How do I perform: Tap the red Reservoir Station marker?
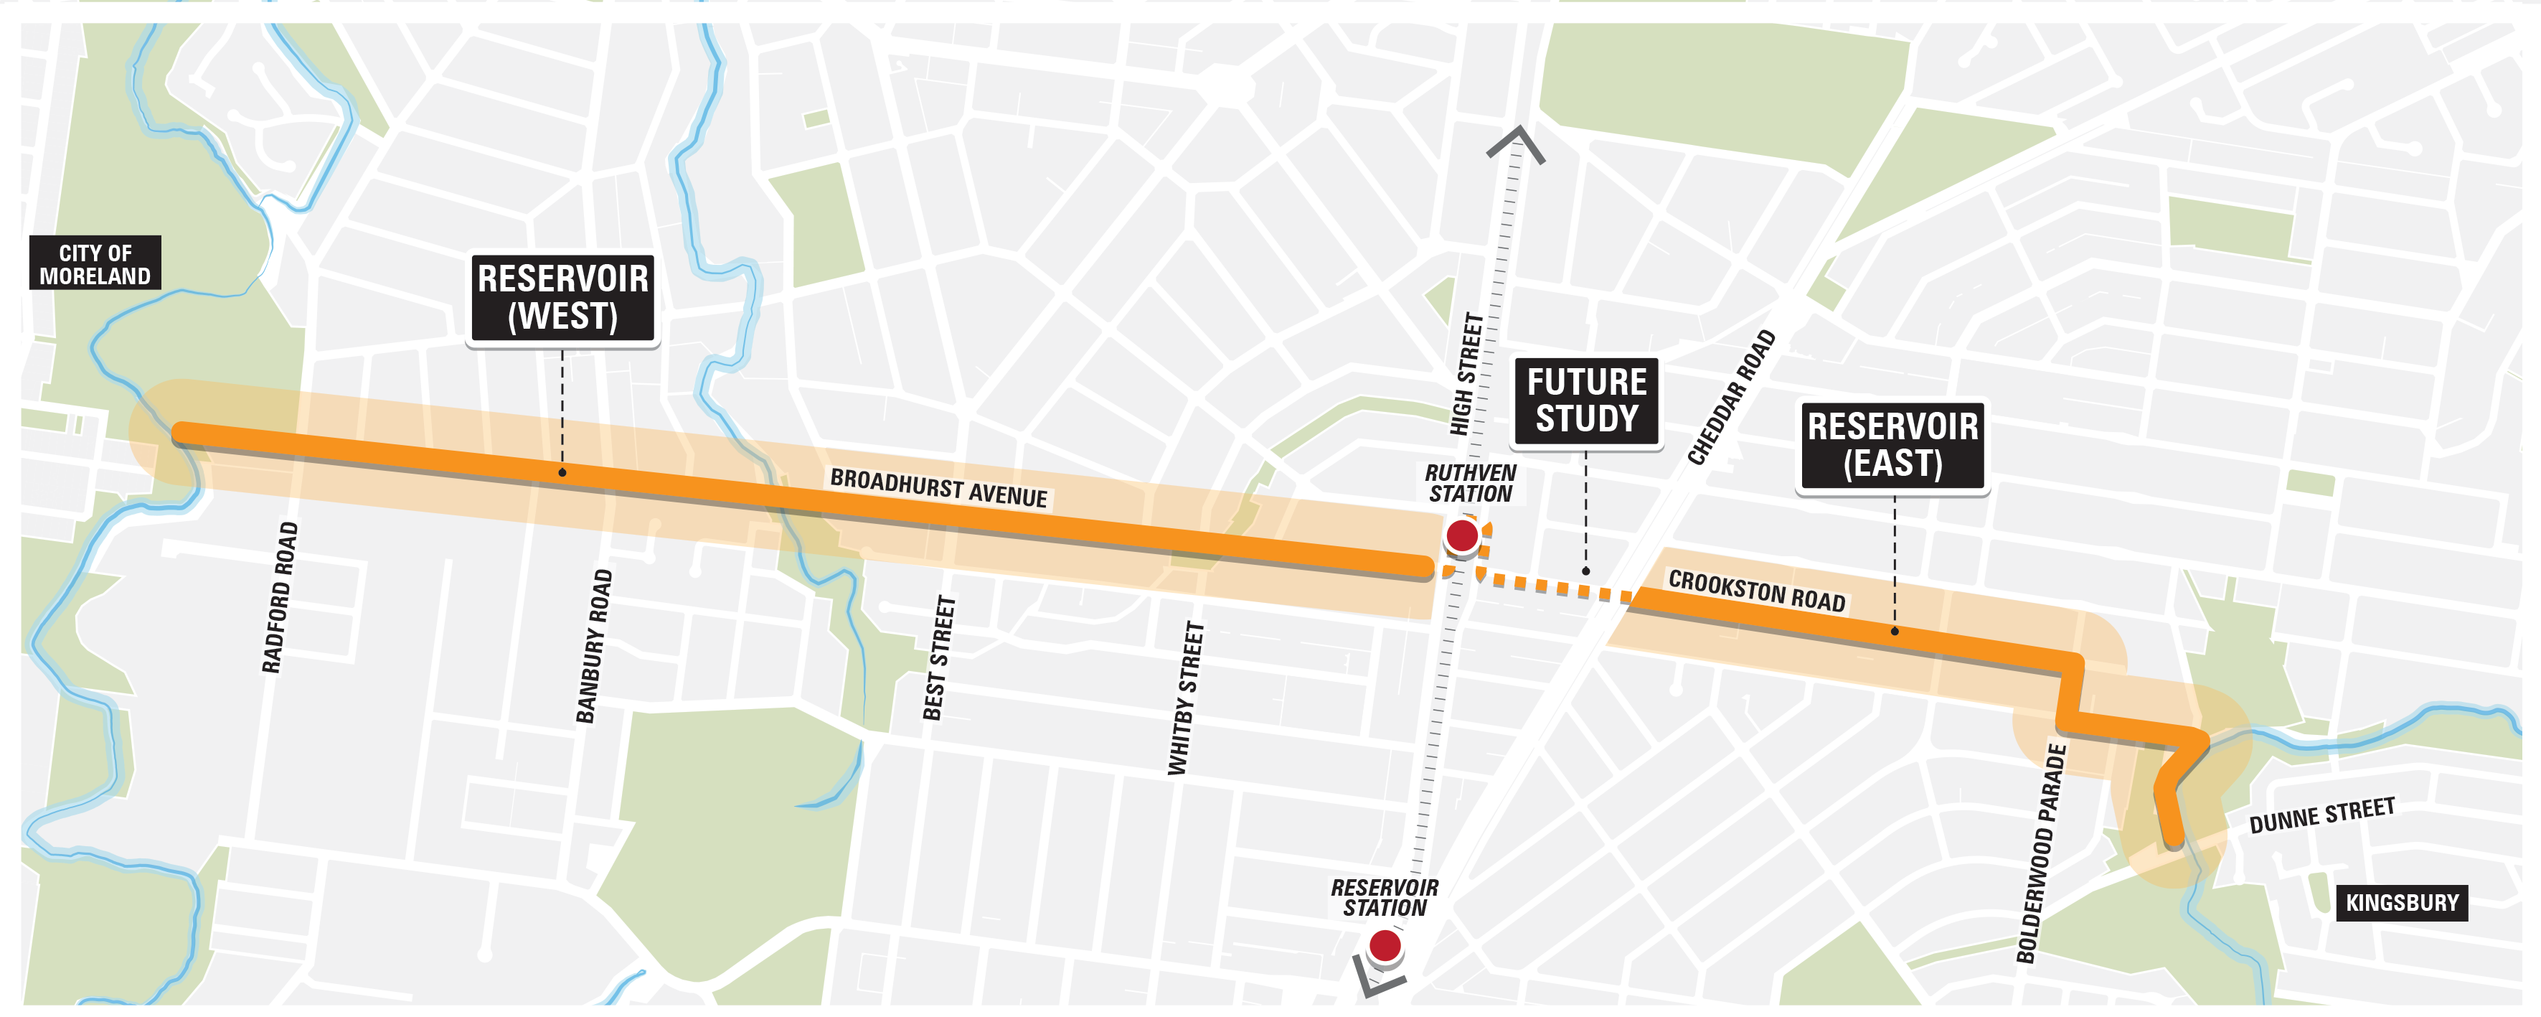1385,946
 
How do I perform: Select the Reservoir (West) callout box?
562,297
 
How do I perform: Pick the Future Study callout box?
1587,400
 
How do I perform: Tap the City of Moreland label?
95,263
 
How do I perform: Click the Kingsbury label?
2401,903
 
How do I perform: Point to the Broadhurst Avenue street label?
938,488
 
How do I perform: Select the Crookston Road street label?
1756,591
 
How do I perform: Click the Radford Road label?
279,598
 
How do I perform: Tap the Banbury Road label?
594,646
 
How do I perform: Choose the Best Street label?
939,658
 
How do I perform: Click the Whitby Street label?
1186,698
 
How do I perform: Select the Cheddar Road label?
1731,398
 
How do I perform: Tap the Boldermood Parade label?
2041,854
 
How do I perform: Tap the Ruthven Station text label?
1470,483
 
